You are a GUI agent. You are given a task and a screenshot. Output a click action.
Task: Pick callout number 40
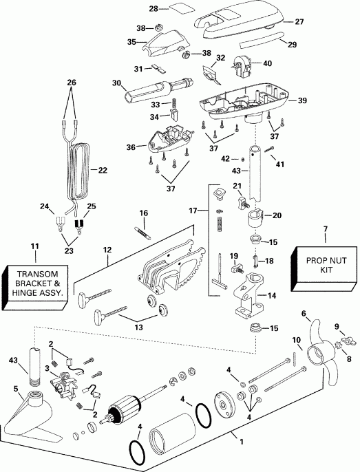click(x=268, y=63)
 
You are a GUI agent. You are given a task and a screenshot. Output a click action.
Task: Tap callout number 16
click(x=144, y=213)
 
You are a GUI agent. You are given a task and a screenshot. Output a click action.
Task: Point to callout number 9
click(x=336, y=326)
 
